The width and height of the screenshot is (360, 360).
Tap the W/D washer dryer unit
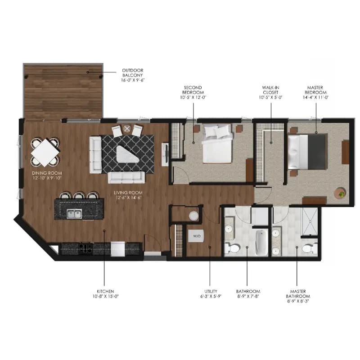click(196, 236)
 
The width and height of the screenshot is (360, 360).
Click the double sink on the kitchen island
click(75, 213)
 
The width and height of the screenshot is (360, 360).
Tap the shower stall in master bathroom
click(310, 221)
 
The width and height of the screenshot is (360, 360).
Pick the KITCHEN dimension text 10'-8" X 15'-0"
click(104, 296)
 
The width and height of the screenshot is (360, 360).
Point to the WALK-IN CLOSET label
click(271, 92)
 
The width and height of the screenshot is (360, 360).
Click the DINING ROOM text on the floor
click(46, 175)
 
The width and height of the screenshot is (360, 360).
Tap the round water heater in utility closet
click(193, 216)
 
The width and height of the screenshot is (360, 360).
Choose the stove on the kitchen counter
click(85, 247)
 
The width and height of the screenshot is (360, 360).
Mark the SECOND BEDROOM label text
click(193, 92)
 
